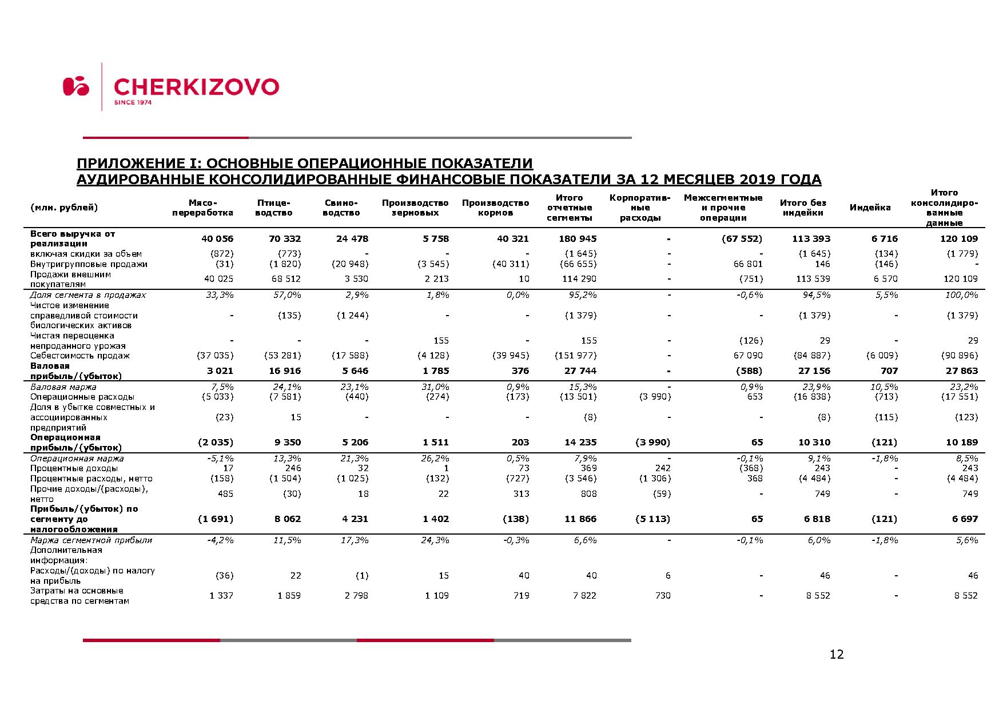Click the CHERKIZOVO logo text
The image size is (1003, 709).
tap(196, 87)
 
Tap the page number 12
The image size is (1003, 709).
tap(836, 655)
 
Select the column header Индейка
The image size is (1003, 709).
tap(870, 208)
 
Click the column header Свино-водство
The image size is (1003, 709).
tap(341, 208)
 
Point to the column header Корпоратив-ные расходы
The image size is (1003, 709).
tap(639, 208)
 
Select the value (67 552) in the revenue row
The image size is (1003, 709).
tap(742, 238)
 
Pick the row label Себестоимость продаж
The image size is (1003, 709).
tap(80, 356)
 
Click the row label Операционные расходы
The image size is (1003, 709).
tap(82, 397)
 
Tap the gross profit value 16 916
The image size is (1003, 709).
tap(284, 371)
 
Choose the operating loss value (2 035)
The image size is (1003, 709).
tap(216, 442)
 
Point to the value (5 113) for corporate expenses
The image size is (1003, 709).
tap(652, 519)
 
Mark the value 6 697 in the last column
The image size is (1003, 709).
tap(965, 519)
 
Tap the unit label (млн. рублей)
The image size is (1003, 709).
tap(64, 208)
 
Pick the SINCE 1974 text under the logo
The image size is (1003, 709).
tap(133, 102)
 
